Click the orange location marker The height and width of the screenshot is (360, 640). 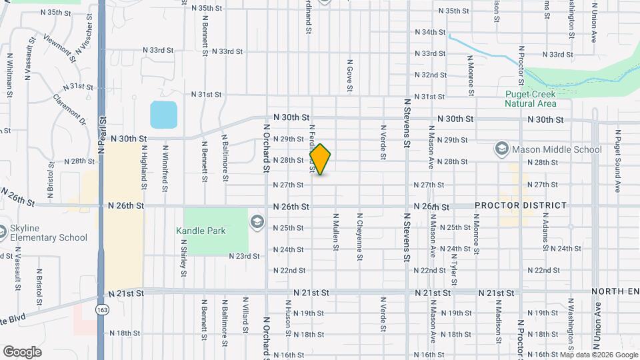tap(321, 159)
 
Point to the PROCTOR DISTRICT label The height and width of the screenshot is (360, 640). tap(521, 205)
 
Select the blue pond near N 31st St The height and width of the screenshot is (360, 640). tap(164, 115)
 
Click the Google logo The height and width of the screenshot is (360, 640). tap(22, 351)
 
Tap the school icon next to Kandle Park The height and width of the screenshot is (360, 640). tap(257, 221)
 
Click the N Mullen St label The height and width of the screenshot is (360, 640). tap(336, 232)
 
